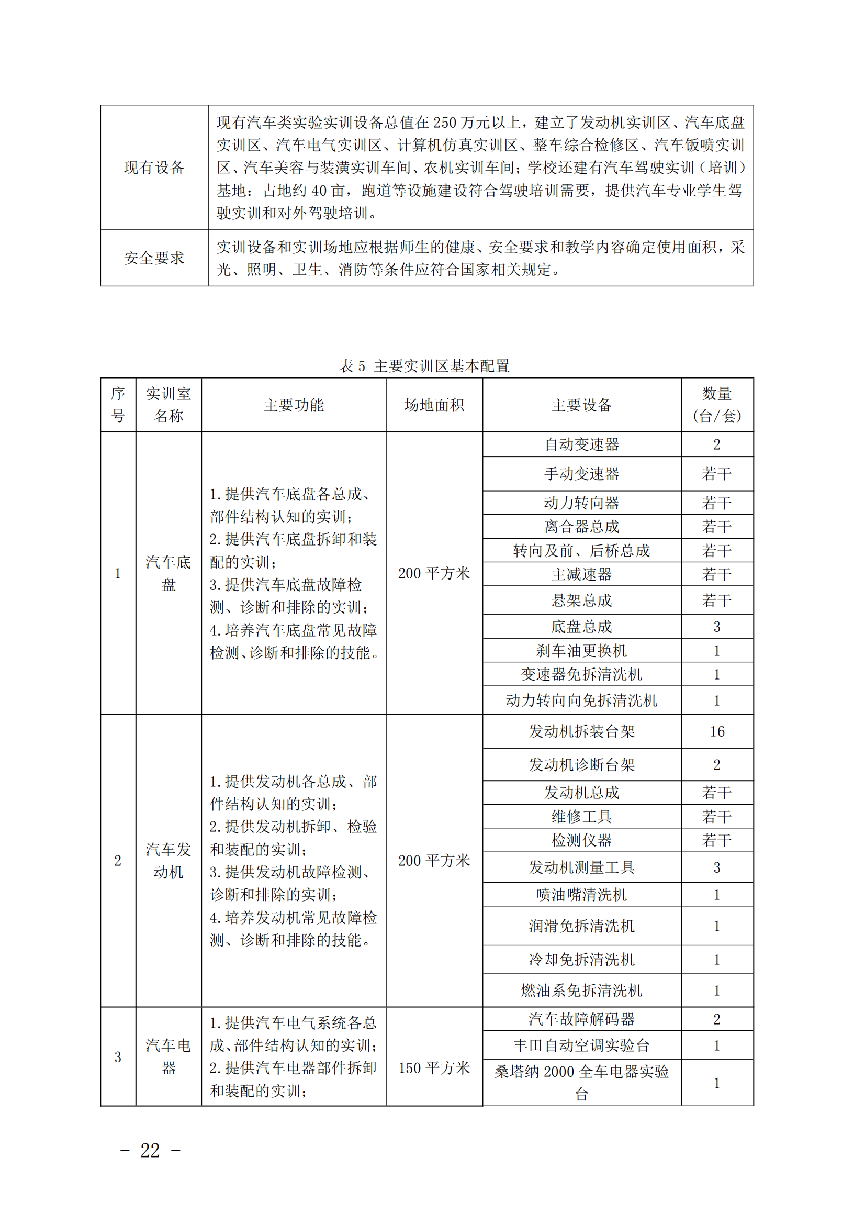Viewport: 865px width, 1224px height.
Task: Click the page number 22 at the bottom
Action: (150, 1150)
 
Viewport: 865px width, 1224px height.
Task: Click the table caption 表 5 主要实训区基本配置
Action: (424, 366)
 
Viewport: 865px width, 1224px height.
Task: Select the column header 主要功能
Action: (294, 405)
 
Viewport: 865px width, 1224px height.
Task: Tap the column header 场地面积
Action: (434, 405)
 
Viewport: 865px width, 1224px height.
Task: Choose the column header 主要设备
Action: (581, 405)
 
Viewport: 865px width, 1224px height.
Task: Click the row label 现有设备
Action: (154, 168)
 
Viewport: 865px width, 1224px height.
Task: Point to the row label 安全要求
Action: (154, 258)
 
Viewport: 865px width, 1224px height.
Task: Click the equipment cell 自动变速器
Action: (581, 444)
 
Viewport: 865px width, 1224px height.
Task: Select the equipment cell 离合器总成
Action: (581, 527)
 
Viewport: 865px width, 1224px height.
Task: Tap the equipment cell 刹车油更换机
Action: (581, 650)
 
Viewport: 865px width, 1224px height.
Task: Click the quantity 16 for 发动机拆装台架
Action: (717, 731)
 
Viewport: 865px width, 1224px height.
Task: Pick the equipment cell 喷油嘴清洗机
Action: (581, 895)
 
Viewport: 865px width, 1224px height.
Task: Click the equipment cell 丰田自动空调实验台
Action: (581, 1045)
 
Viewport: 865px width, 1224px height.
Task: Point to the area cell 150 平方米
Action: (434, 1067)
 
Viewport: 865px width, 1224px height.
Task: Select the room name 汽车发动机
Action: (168, 861)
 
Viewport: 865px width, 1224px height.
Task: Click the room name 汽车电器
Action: (168, 1056)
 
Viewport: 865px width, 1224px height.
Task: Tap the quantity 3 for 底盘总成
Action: (717, 627)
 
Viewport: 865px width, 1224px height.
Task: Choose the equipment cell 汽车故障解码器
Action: (581, 1019)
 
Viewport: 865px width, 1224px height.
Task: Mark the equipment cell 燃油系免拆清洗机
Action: (581, 991)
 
